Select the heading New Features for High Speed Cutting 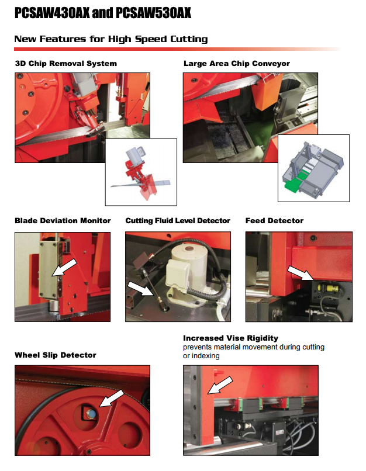click(111, 39)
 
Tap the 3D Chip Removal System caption click(65, 63)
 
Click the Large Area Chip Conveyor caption click(236, 63)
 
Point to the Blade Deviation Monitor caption click(63, 220)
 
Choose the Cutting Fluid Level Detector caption click(178, 220)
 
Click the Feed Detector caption click(274, 220)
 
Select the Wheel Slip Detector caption click(55, 355)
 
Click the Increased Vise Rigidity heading click(230, 338)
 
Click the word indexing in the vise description click(207, 356)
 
